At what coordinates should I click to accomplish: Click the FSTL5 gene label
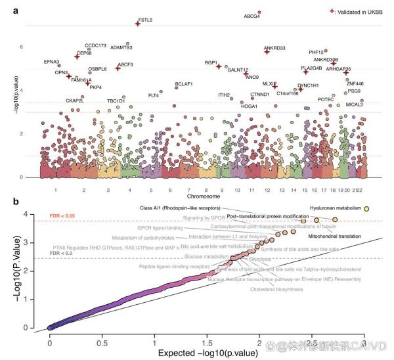pyautogui.click(x=146, y=20)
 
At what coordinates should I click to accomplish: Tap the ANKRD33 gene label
pyautogui.click(x=274, y=48)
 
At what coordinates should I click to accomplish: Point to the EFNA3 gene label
pyautogui.click(x=52, y=62)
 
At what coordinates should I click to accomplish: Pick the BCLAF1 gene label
pyautogui.click(x=184, y=84)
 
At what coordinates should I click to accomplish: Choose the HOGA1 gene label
pyautogui.click(x=249, y=106)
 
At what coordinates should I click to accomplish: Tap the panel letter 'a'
pyautogui.click(x=24, y=11)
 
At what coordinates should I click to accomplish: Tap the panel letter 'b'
pyautogui.click(x=24, y=201)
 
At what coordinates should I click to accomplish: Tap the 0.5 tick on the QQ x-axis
pyautogui.click(x=102, y=342)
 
